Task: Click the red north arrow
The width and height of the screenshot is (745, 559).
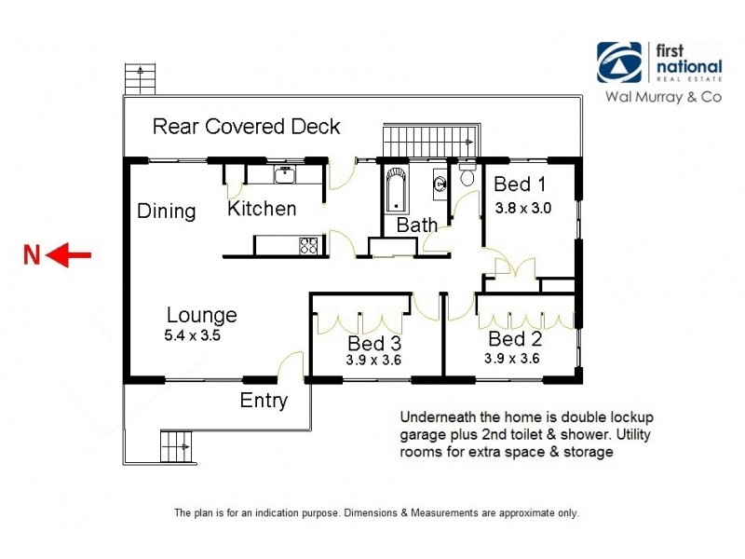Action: [x=70, y=254]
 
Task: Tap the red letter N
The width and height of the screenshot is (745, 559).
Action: [x=32, y=254]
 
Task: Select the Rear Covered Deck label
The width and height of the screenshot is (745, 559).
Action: [x=246, y=127]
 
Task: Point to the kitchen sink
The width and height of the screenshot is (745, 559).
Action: [x=284, y=173]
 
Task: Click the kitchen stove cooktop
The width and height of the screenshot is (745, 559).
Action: [x=308, y=246]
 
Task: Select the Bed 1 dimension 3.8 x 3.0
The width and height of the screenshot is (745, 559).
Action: [x=522, y=209]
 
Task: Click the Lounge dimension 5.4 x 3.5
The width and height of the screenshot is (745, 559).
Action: [x=194, y=336]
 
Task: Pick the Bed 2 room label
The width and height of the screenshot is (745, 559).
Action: [x=514, y=338]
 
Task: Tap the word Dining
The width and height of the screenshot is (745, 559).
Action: [x=167, y=211]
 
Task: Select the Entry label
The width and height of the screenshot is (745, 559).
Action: [x=264, y=401]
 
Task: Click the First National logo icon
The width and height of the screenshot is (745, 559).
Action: [x=619, y=63]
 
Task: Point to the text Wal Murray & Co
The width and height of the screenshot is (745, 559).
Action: [x=664, y=96]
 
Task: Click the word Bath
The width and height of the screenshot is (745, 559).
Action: [x=416, y=225]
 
